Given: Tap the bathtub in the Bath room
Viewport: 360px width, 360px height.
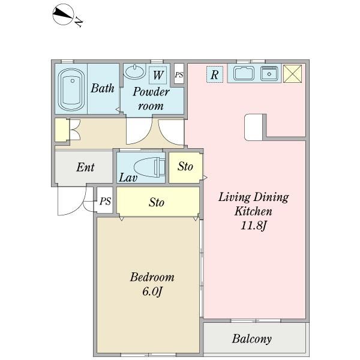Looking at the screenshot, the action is coord(71,89).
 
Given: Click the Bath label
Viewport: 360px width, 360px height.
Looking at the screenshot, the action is coord(103,88).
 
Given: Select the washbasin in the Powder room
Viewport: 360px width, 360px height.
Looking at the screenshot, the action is coord(135,71).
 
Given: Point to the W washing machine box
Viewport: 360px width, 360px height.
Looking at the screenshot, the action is coord(158,75).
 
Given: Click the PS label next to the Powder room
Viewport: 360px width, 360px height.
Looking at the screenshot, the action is coord(179,74).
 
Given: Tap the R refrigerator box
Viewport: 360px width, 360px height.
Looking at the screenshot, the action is coord(214,74).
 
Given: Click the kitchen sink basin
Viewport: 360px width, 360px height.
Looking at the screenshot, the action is coord(244,74).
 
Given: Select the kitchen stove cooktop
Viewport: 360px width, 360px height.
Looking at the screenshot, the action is coord(269,73).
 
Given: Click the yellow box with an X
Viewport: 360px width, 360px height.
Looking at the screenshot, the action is coord(293,73).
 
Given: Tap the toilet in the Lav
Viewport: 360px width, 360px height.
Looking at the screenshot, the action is coord(149,167).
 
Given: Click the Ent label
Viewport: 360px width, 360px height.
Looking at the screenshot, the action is coord(85,167).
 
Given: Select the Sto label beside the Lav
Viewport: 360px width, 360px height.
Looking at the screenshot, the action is coord(185,166).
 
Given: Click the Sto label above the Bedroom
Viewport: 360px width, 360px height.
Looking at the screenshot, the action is coord(157,202).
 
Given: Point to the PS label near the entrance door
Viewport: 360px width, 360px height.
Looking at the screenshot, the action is coord(105,201).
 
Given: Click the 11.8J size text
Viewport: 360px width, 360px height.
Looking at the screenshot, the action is coord(253,226).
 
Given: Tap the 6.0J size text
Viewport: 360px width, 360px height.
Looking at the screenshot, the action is coord(152,292).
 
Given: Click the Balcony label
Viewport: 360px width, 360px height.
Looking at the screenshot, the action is coord(251,339).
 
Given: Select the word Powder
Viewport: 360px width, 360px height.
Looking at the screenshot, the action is coord(151,92).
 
